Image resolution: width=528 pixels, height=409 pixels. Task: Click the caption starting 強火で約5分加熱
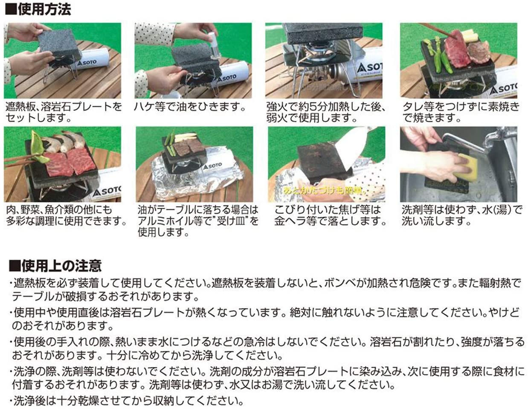pos(326,113)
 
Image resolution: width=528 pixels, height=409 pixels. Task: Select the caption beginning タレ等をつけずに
pos(461,113)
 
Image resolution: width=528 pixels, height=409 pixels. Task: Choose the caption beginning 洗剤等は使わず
pos(461,216)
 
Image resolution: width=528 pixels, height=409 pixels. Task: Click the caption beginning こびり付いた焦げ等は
pos(330,216)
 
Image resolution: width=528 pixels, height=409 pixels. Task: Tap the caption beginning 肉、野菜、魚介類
pos(66,216)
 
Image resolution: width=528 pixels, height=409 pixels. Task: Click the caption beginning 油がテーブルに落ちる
pos(198,221)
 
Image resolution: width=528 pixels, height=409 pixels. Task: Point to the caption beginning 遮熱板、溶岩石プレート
pos(64,113)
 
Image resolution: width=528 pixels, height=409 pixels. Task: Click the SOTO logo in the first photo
pos(87,62)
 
